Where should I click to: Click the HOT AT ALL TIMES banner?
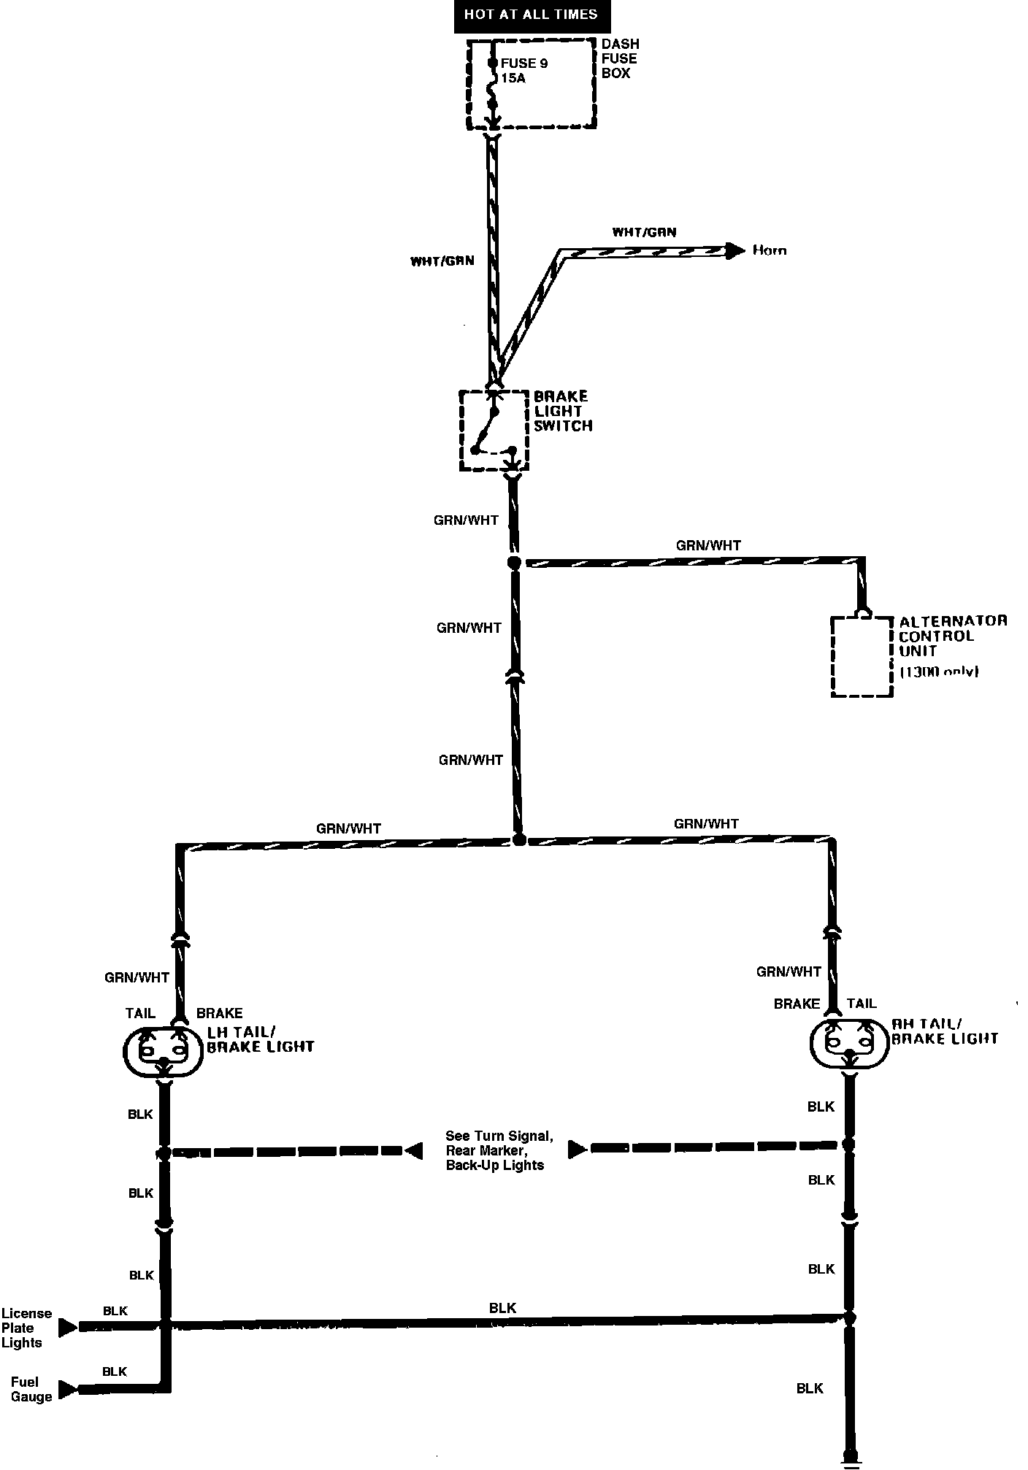(531, 15)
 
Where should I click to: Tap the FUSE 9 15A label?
(523, 70)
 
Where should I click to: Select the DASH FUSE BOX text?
(619, 58)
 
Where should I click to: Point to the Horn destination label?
(770, 250)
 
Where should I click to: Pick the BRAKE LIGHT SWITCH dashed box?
(494, 431)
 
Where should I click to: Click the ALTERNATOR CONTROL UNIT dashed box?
(862, 656)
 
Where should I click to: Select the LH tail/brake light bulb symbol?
(163, 1052)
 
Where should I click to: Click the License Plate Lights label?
(26, 1328)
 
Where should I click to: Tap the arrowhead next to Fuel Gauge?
(68, 1389)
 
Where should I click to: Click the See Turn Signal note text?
(499, 1151)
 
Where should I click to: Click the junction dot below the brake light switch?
(514, 563)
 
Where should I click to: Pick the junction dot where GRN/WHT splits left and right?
(519, 840)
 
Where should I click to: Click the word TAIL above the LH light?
(140, 1013)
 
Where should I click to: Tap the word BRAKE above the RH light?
(797, 1004)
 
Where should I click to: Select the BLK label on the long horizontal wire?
(502, 1309)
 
